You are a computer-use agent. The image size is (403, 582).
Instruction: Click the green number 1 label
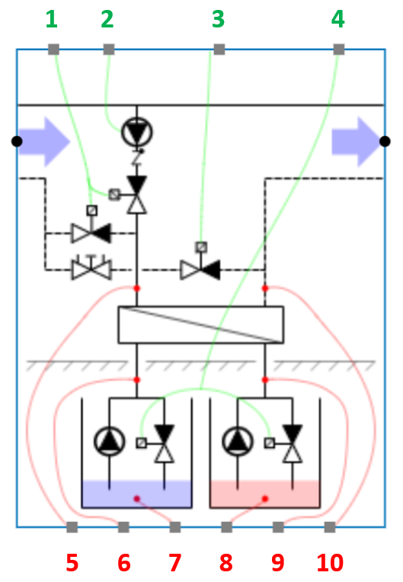click(x=51, y=18)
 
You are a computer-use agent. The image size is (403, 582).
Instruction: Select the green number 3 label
click(x=219, y=18)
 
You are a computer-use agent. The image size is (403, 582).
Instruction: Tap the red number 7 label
click(x=175, y=563)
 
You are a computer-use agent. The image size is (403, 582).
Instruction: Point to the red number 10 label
click(x=330, y=563)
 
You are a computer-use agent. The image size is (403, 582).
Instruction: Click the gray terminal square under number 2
click(x=109, y=50)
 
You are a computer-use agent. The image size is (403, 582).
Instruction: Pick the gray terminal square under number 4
click(x=339, y=50)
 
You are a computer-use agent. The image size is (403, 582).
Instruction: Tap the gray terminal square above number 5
click(x=72, y=527)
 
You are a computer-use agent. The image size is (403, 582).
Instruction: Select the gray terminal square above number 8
click(x=226, y=527)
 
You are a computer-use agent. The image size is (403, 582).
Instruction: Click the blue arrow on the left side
click(x=46, y=141)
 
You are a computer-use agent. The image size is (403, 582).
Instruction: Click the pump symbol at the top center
click(x=137, y=133)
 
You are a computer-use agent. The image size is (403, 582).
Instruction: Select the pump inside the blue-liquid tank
click(x=109, y=441)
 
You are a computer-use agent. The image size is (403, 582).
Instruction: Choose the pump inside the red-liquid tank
click(x=237, y=441)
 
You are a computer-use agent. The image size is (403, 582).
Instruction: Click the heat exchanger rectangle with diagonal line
click(x=200, y=324)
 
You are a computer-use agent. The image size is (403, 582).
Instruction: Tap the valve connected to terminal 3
click(x=200, y=269)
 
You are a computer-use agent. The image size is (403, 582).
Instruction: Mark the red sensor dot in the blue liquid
click(x=137, y=499)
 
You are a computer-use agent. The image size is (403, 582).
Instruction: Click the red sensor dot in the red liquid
click(x=264, y=499)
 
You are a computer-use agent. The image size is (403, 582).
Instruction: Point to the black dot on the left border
click(x=16, y=141)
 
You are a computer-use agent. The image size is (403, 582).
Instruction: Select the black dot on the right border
click(x=385, y=141)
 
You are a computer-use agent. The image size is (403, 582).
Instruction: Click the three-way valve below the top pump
click(x=137, y=195)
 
